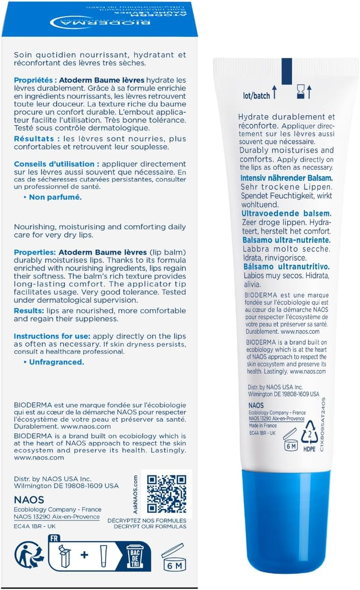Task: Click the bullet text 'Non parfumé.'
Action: (55, 197)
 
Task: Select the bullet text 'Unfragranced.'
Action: (56, 362)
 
